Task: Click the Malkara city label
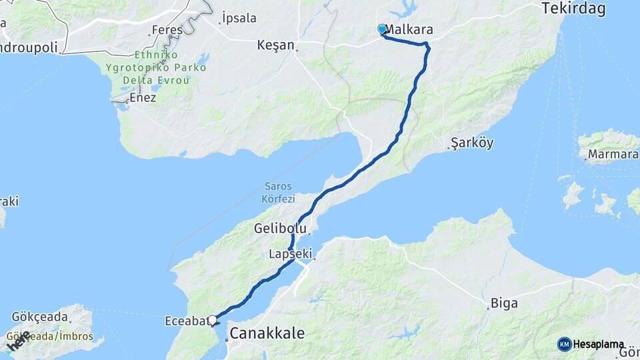coord(409,30)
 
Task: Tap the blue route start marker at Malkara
coord(382,29)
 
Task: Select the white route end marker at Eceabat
coord(213,321)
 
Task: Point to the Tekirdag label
coord(564,9)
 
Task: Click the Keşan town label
coord(275,45)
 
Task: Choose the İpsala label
coord(238,18)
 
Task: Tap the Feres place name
coord(167,30)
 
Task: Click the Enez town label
coord(143,97)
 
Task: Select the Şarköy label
coord(471,143)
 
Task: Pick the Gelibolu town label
coord(279,229)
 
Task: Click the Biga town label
coord(504,303)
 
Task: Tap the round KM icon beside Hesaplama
coord(564,344)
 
